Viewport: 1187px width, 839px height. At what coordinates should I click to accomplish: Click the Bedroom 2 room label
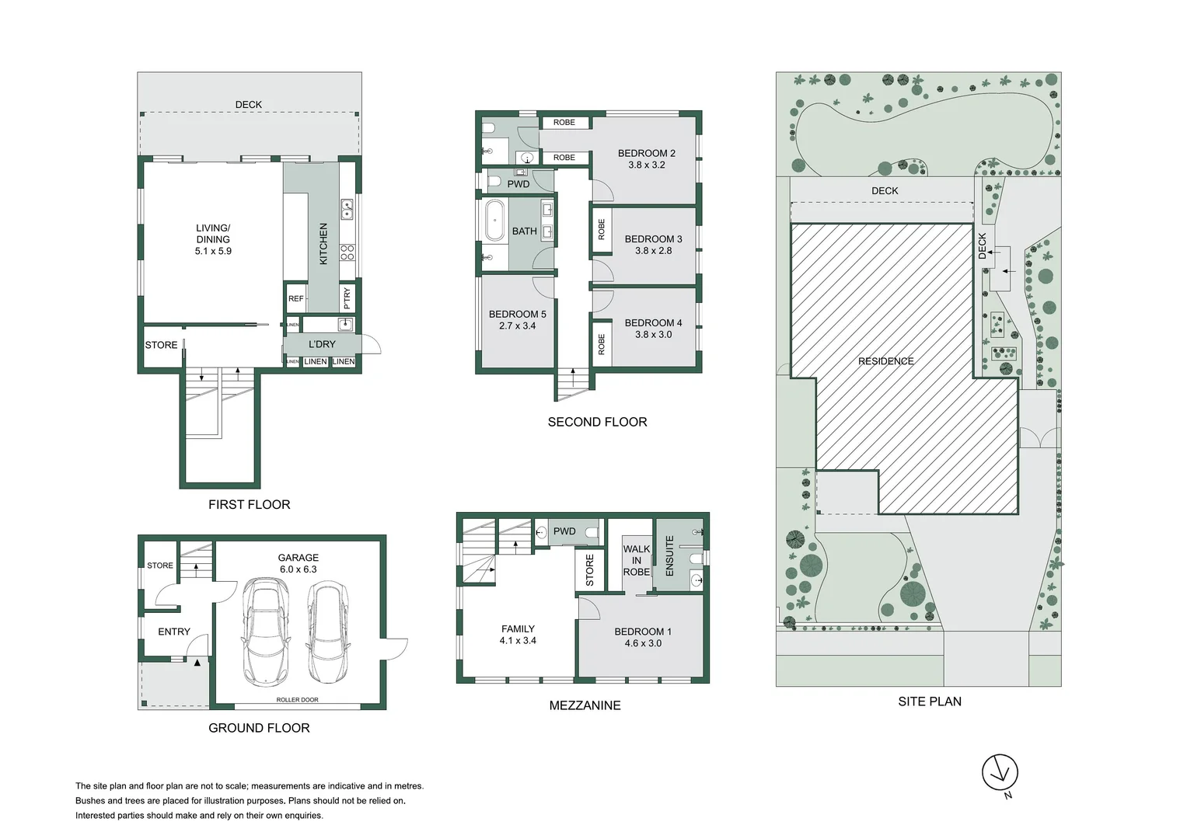point(647,154)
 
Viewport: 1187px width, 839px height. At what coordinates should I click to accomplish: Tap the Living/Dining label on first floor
point(213,234)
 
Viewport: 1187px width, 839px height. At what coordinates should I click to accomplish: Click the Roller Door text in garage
point(297,700)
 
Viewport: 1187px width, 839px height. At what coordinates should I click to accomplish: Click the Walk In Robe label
point(637,560)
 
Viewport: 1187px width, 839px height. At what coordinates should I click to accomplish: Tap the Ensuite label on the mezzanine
point(669,555)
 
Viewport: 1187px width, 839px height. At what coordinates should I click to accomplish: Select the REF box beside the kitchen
point(295,299)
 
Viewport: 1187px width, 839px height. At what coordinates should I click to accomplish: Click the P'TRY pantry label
point(347,298)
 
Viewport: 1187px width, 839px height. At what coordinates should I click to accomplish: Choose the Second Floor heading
point(597,422)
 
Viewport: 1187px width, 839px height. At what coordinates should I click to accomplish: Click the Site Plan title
point(930,701)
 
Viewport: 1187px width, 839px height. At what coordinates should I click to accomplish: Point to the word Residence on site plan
point(886,361)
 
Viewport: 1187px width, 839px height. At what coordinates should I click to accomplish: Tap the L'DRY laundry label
point(322,344)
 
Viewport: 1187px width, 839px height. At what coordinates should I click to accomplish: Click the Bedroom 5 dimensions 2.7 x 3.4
point(517,326)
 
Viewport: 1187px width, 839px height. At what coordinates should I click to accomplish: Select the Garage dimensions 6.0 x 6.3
point(298,569)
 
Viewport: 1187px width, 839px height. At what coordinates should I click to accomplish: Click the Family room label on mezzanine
point(518,628)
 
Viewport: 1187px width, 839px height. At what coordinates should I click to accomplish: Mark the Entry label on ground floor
point(174,632)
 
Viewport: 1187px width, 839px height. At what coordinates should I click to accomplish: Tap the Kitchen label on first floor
point(323,244)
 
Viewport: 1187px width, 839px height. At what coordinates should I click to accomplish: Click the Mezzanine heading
point(585,705)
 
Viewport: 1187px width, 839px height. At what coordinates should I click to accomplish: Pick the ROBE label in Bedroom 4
point(602,344)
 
